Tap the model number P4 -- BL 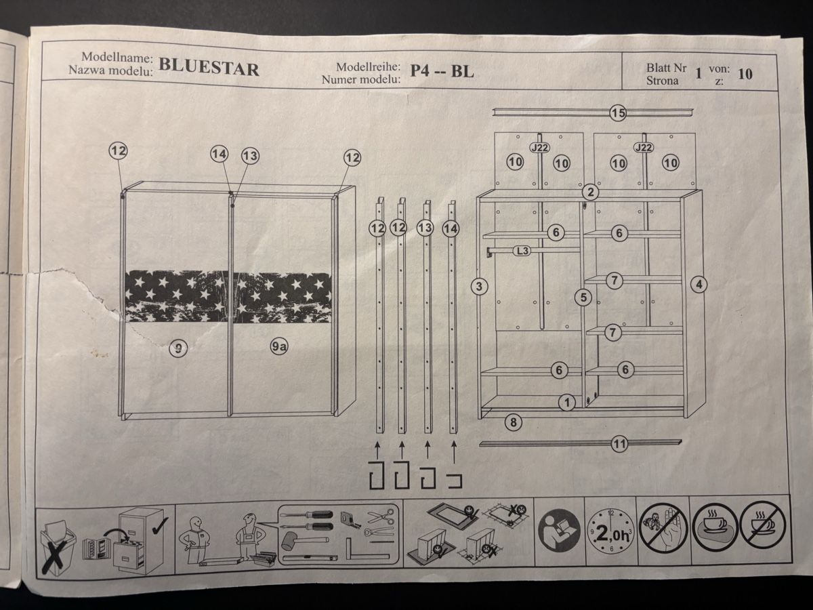click(442, 70)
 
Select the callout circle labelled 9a click(279, 346)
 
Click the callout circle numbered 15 click(618, 113)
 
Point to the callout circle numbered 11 click(620, 444)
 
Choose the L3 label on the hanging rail click(522, 251)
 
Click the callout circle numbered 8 click(513, 422)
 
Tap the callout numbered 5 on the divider click(583, 298)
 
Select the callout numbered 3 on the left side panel click(479, 286)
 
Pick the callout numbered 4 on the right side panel click(699, 285)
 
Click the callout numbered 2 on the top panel click(590, 192)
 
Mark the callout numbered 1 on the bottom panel click(566, 402)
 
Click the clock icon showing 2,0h click(610, 533)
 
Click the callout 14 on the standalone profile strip click(451, 228)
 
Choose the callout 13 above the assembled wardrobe click(251, 156)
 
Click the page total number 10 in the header click(745, 74)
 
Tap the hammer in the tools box click(304, 541)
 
